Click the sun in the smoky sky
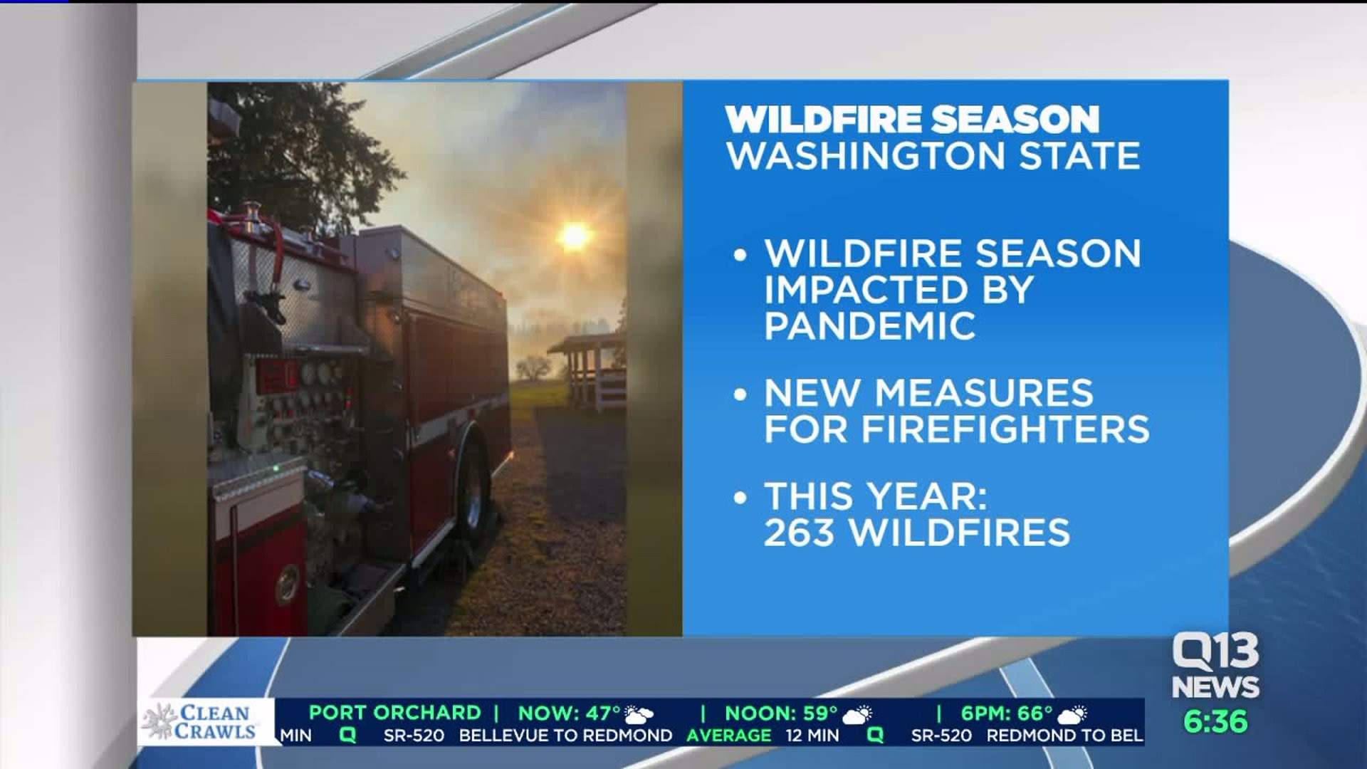coord(575,236)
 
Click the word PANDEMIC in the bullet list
coord(869,326)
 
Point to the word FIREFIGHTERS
coord(1005,429)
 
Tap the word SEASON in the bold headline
coord(1015,119)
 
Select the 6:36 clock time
coord(1215,721)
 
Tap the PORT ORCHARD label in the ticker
coord(395,713)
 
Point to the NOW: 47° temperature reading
coord(570,713)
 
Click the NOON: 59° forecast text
coord(781,713)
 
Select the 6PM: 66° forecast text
coord(1007,713)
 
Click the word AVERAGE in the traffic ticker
coord(728,735)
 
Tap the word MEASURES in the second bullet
coord(983,393)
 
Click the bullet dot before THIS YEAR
coord(740,497)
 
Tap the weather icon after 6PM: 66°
coord(1072,713)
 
